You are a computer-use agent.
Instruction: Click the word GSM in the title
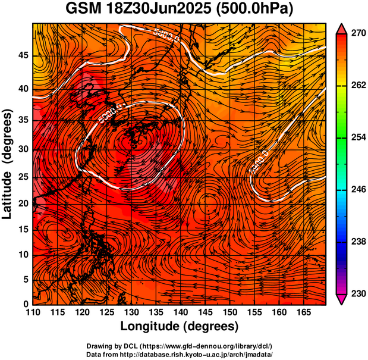[81, 10]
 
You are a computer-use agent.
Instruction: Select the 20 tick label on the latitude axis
[23, 203]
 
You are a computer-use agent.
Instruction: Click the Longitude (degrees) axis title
[179, 326]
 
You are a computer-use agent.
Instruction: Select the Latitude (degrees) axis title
[8, 163]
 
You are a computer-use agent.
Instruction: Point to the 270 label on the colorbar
[357, 34]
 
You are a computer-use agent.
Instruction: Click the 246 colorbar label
[357, 190]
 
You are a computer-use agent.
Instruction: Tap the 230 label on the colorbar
[357, 293]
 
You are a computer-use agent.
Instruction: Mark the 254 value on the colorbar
[357, 138]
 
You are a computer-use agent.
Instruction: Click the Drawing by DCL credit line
[179, 346]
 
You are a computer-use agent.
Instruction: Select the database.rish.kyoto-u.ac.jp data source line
[179, 354]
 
